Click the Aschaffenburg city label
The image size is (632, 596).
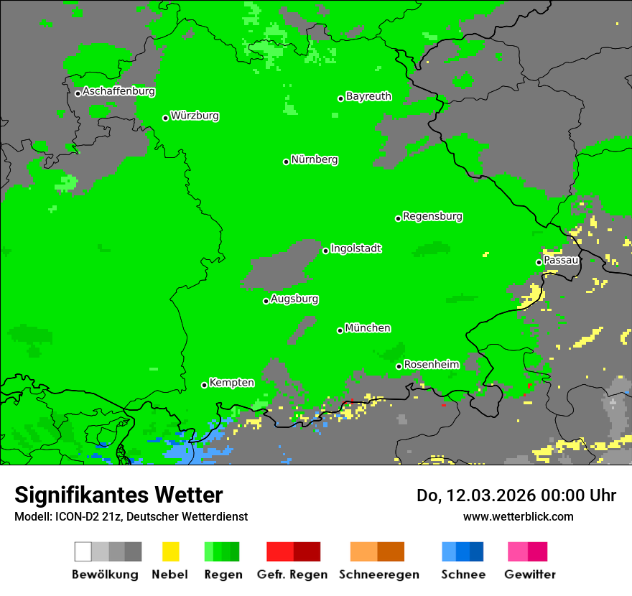click(x=118, y=92)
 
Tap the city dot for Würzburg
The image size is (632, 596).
click(x=165, y=118)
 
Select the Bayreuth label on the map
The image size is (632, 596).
click(x=368, y=96)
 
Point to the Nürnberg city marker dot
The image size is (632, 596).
click(x=286, y=162)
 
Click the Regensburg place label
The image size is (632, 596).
click(x=432, y=216)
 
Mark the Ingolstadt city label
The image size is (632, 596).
click(x=355, y=248)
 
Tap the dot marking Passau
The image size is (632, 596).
click(x=539, y=262)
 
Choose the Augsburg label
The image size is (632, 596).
click(x=294, y=299)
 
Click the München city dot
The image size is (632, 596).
click(x=340, y=330)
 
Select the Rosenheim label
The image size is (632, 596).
click(x=431, y=365)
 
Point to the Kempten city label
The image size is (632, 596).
click(x=231, y=383)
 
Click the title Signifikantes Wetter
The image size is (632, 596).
click(x=118, y=495)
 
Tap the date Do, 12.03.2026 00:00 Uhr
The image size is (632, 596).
click(x=516, y=495)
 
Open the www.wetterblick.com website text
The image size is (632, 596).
click(x=518, y=516)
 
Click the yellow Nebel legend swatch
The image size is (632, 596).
click(x=170, y=551)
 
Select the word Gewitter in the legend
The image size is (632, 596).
click(x=529, y=574)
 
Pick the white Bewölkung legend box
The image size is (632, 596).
click(x=83, y=551)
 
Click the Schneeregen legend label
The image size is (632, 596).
click(x=378, y=574)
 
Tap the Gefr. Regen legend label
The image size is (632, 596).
click(x=292, y=574)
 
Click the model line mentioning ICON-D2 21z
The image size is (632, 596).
click(x=131, y=516)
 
